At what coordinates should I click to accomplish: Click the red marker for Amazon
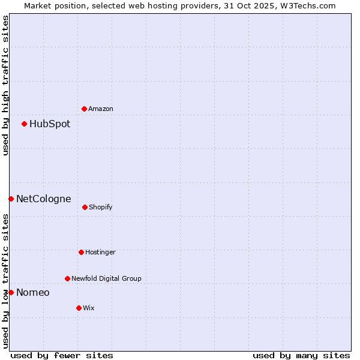pyautogui.click(x=85, y=109)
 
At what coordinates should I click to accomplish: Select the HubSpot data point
pyautogui.click(x=25, y=124)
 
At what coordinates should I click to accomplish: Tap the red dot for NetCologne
pyautogui.click(x=11, y=199)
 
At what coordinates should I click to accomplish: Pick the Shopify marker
pyautogui.click(x=85, y=207)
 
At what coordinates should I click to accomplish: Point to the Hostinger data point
pyautogui.click(x=81, y=252)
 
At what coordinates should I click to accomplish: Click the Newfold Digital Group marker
pyautogui.click(x=67, y=278)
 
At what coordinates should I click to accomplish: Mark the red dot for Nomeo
pyautogui.click(x=11, y=292)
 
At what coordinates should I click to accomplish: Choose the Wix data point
pyautogui.click(x=79, y=308)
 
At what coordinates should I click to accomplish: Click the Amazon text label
pyautogui.click(x=101, y=109)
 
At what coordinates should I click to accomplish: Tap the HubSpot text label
pyautogui.click(x=50, y=124)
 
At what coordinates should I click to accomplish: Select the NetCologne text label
pyautogui.click(x=44, y=199)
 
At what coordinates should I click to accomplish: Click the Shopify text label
pyautogui.click(x=101, y=208)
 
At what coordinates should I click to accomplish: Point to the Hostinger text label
pyautogui.click(x=100, y=253)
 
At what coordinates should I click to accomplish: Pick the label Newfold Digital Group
pyautogui.click(x=106, y=279)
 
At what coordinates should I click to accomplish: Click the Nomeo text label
pyautogui.click(x=33, y=293)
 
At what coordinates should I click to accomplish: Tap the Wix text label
pyautogui.click(x=89, y=308)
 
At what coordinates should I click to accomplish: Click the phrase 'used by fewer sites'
pyautogui.click(x=62, y=355)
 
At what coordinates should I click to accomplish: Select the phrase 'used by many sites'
pyautogui.click(x=301, y=355)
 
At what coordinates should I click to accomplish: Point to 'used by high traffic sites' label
pyautogui.click(x=5, y=86)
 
